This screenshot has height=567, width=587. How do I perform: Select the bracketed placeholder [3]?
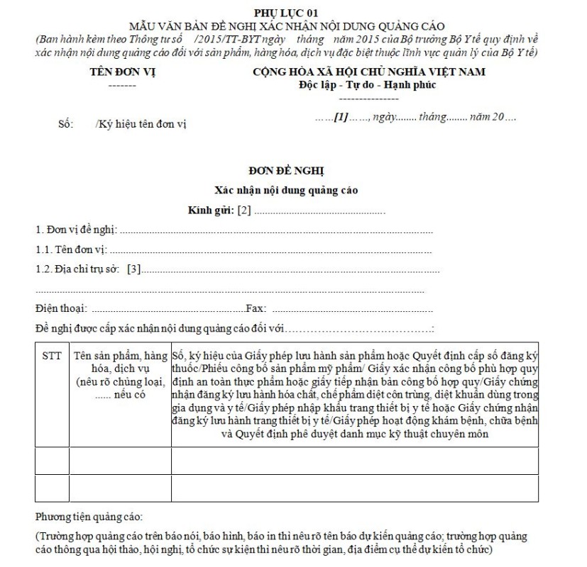tap(134, 269)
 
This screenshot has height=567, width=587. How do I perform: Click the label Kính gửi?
tap(211, 210)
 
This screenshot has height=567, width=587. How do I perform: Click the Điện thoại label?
tap(62, 308)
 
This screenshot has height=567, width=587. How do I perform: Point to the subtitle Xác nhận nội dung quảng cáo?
tap(286, 190)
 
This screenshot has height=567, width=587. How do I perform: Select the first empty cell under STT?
tap(52, 461)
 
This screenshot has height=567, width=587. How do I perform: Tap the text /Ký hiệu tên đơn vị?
tap(140, 124)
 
